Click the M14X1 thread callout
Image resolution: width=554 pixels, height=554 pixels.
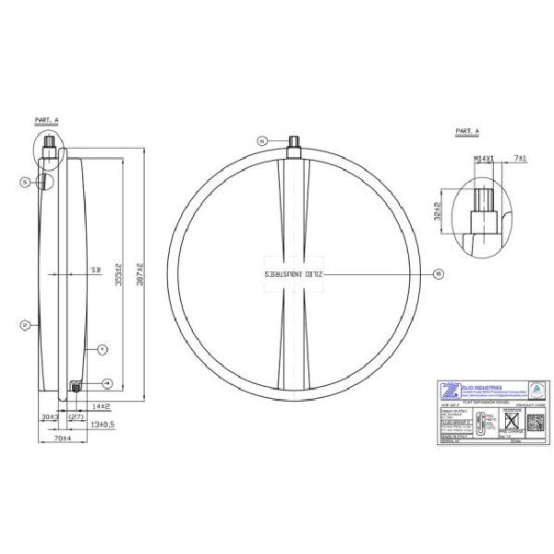click(x=484, y=159)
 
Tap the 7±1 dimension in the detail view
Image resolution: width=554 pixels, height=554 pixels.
click(x=520, y=159)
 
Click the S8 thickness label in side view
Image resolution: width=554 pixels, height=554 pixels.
click(x=95, y=270)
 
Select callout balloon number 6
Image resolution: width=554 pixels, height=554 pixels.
click(x=438, y=273)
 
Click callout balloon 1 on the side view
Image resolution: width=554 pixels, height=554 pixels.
click(x=103, y=349)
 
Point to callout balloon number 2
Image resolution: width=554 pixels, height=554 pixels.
click(x=26, y=324)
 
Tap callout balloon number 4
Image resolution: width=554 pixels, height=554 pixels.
click(x=108, y=382)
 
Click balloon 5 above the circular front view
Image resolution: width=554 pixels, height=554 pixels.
click(x=263, y=140)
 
